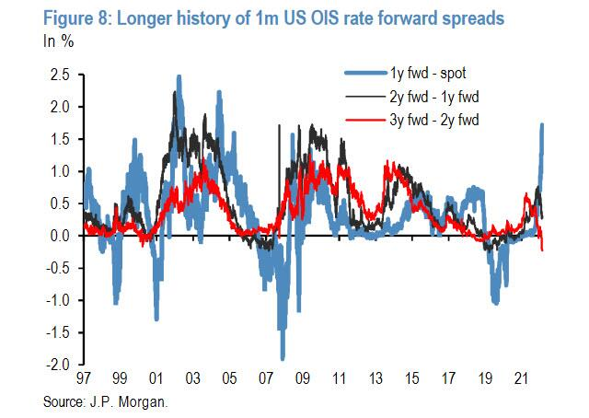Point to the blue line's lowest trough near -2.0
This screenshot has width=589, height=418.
click(x=283, y=357)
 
